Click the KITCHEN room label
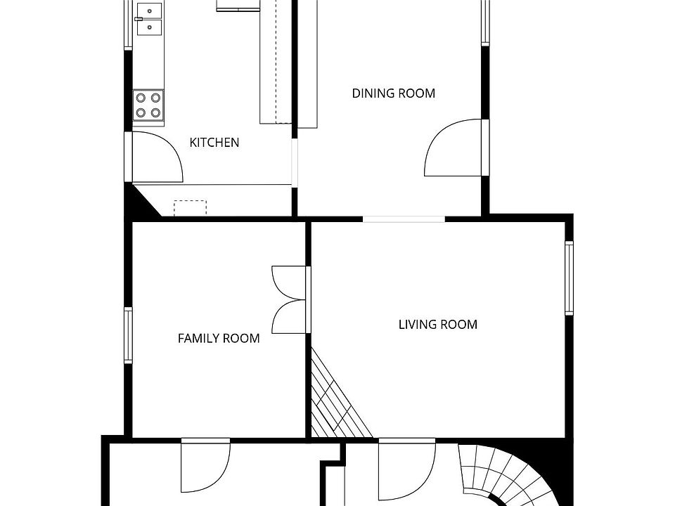pos(214,143)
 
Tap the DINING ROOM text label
pos(393,93)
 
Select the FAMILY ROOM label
pos(218,339)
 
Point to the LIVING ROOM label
pos(437,325)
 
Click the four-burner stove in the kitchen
pos(148,105)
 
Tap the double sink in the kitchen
pos(148,19)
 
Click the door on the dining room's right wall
pos(454,148)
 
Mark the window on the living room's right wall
pos(569,278)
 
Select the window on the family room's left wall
pos(128,336)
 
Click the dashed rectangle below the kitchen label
pos(190,208)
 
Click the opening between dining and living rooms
pos(404,219)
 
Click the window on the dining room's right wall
pos(484,21)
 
